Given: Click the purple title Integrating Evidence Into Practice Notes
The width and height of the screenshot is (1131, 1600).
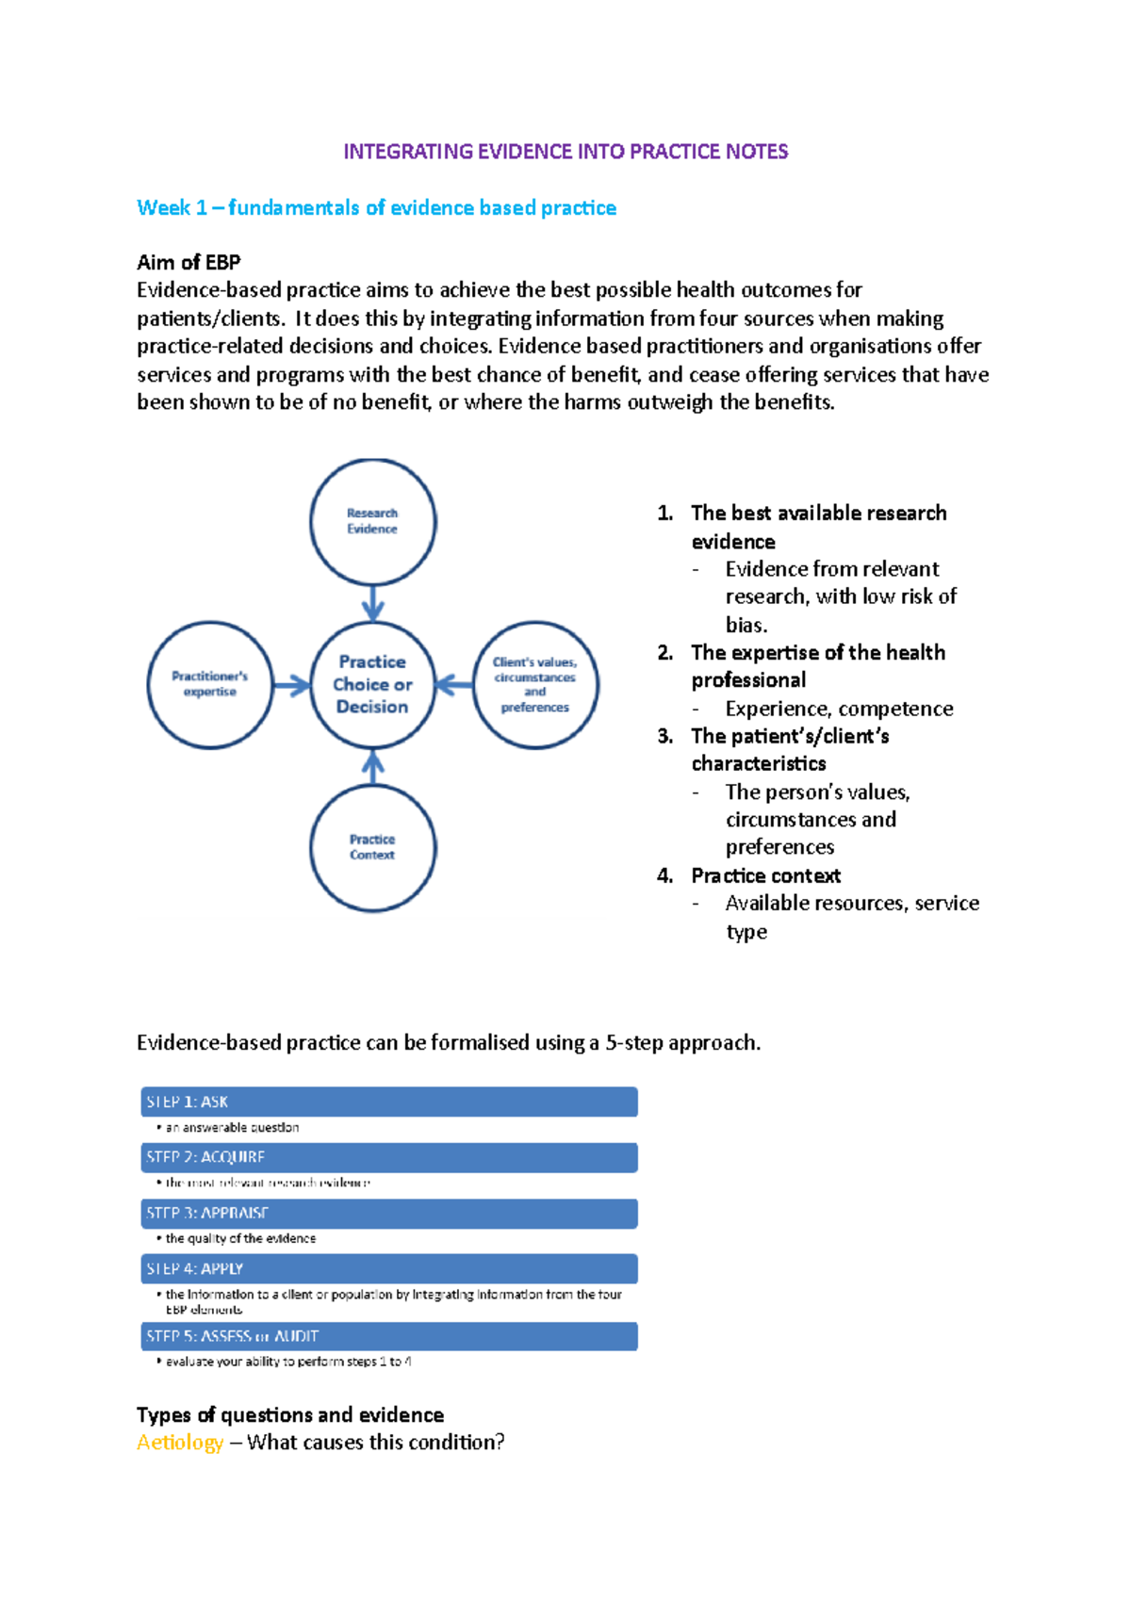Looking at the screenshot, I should [x=565, y=152].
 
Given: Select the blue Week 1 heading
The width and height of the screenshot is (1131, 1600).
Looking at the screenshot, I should [x=376, y=207].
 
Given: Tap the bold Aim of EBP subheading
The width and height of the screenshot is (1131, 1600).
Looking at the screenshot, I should [x=188, y=262].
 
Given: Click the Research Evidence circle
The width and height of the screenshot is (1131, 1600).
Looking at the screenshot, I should [x=372, y=521].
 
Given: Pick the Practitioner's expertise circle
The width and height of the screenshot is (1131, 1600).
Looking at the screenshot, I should [x=209, y=684].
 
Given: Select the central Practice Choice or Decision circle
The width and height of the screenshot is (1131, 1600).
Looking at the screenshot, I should [x=372, y=684].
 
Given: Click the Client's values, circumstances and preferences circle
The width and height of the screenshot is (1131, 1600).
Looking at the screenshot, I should [x=534, y=684].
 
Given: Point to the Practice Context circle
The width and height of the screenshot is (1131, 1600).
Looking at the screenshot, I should [x=372, y=847].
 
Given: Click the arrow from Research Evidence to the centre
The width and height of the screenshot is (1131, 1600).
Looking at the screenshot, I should [x=373, y=603].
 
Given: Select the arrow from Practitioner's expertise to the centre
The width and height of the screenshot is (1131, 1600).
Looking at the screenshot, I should [x=291, y=685].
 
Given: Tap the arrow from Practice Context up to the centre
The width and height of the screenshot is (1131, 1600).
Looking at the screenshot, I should [x=373, y=766].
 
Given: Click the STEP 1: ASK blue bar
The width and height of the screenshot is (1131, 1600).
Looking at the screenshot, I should [x=388, y=1102].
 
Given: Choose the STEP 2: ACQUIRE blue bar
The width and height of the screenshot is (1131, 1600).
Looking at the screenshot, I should [x=388, y=1157].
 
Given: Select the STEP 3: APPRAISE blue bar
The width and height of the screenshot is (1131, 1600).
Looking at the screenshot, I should [x=388, y=1213].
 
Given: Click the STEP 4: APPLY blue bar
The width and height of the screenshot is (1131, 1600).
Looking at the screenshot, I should [x=388, y=1268].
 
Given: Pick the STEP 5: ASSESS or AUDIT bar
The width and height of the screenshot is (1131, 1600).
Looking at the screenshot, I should [x=388, y=1336].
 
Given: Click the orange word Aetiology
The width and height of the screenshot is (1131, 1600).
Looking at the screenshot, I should [x=180, y=1443].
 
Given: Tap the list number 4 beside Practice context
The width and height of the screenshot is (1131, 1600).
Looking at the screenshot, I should [x=664, y=876].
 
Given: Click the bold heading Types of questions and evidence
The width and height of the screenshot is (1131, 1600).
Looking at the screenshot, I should [x=290, y=1415].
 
